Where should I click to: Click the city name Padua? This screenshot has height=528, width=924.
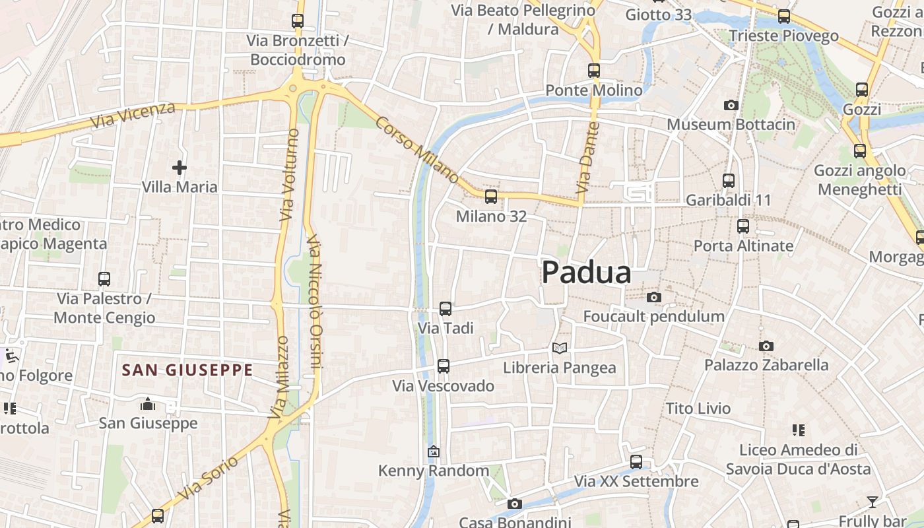(x=586, y=273)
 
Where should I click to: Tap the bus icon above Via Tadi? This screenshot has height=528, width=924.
(x=445, y=308)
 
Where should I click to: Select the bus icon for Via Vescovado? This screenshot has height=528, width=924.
(x=444, y=366)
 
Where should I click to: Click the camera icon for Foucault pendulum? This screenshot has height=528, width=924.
(x=653, y=298)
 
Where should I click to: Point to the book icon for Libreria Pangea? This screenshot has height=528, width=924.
(x=560, y=348)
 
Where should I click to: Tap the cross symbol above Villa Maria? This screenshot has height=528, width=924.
(x=179, y=168)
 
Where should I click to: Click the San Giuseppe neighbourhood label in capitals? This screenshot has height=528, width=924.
(x=187, y=370)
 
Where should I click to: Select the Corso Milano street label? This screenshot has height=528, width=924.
(x=418, y=150)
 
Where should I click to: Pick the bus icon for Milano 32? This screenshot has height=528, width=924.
(x=490, y=196)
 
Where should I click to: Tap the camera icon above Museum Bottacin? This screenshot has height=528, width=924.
(x=731, y=105)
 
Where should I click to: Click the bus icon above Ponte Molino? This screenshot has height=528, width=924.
(x=594, y=70)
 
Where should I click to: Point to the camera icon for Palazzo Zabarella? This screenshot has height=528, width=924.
(x=766, y=346)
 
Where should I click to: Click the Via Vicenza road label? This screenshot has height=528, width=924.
(x=134, y=115)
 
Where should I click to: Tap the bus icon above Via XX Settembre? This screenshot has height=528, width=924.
(x=636, y=461)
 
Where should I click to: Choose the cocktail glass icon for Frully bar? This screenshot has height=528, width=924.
(x=873, y=502)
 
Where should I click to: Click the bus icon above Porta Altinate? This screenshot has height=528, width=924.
(x=743, y=226)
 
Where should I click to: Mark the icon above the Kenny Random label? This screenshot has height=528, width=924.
(x=434, y=452)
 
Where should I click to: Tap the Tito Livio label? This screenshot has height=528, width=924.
(x=698, y=409)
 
